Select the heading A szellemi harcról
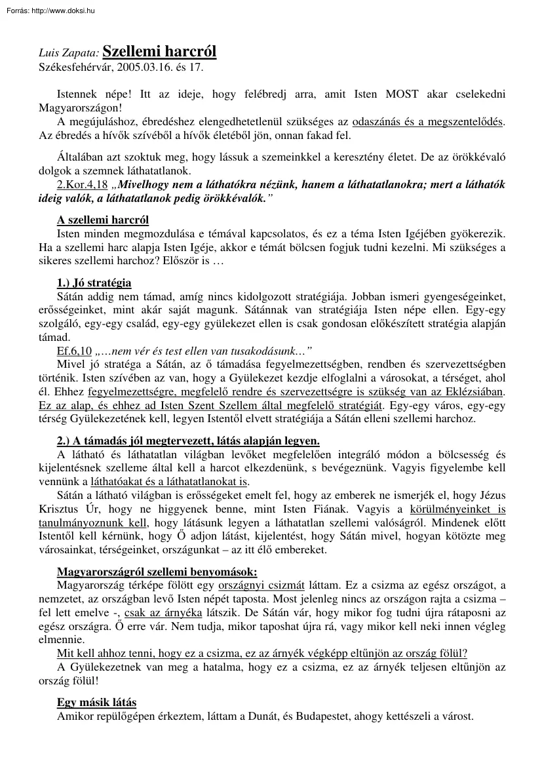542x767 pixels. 103,220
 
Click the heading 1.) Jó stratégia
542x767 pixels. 94,283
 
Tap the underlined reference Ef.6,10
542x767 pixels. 73,350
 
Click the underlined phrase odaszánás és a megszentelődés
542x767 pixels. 427,123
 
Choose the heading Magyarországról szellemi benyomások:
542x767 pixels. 157,570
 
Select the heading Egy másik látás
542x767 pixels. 97,702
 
